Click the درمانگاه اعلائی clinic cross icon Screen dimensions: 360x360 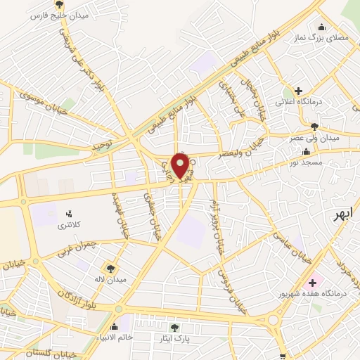click(299, 91)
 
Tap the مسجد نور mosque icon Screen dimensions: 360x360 click(305, 152)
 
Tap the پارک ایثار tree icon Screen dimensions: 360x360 click(174, 327)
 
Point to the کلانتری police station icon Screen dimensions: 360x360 click(69, 214)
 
